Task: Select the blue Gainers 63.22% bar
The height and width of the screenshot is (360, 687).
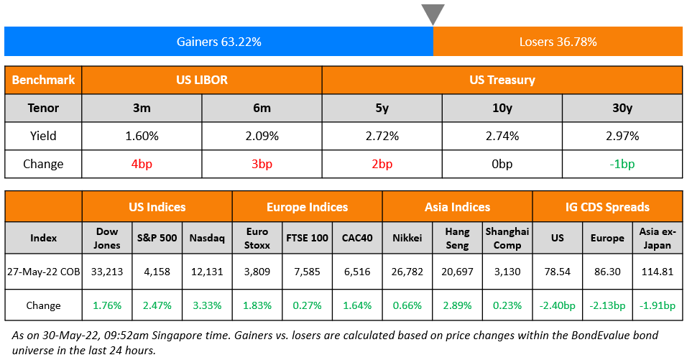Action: coord(218,42)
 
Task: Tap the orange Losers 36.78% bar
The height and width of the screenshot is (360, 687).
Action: coord(558,42)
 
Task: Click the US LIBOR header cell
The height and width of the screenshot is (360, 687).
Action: coord(201,80)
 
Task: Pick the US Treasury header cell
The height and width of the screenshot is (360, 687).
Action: coord(502,80)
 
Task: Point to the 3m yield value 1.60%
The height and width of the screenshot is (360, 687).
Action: coord(142,136)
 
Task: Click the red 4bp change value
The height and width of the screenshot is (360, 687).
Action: coord(142,164)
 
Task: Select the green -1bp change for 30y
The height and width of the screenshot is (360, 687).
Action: coord(622,164)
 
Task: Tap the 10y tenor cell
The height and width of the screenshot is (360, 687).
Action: coord(502,108)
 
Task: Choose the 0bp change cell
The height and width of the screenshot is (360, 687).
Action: coord(502,164)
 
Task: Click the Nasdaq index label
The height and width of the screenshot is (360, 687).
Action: coord(207,238)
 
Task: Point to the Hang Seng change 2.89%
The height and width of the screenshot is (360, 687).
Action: coord(457,305)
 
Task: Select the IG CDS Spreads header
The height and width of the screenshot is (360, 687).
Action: coord(607,207)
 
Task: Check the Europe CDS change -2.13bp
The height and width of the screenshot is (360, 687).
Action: coord(607,305)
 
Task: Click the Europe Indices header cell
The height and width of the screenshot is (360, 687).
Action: coord(307,207)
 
